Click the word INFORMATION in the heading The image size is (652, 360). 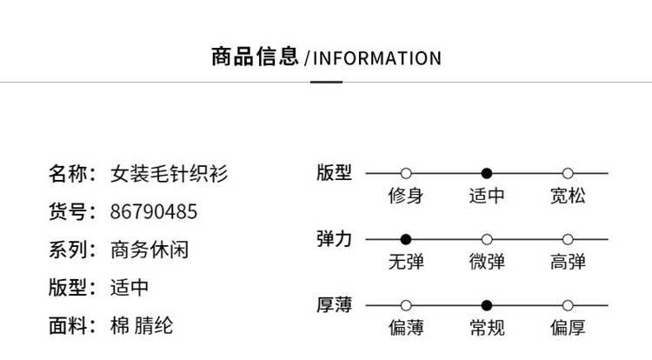tap(376, 59)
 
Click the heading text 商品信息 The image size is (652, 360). tap(256, 57)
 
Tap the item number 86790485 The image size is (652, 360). tap(154, 212)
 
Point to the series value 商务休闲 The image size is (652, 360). tap(150, 250)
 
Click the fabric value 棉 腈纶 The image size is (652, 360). tap(142, 326)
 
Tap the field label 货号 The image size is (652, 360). tap(70, 212)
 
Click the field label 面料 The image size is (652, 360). tap(70, 326)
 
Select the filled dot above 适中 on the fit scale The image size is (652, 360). tap(487, 173)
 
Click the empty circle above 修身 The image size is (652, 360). tap(406, 173)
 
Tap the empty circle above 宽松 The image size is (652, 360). tap(568, 173)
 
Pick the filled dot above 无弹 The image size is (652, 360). tap(406, 239)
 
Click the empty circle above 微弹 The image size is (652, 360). tap(487, 239)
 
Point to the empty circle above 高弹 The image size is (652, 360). tap(568, 239)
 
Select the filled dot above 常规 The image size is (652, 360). tap(487, 305)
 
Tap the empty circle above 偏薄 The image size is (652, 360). tap(406, 305)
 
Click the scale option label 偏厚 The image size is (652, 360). tap(568, 328)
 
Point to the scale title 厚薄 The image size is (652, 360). tap(334, 305)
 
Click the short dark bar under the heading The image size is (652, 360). tap(326, 82)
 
